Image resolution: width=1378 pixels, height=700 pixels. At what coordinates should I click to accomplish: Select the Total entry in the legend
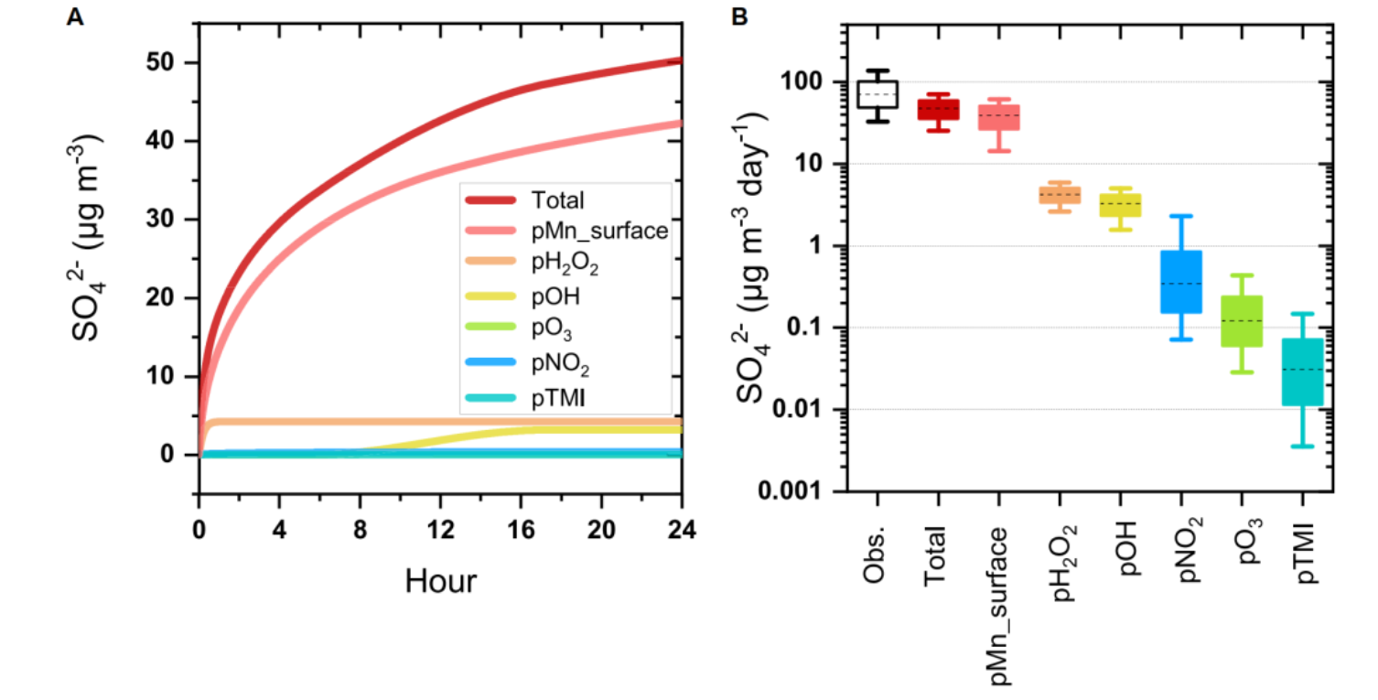point(556,199)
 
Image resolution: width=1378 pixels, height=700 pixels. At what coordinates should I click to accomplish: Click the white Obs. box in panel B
point(877,94)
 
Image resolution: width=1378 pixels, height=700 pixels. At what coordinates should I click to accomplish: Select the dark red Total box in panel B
point(938,110)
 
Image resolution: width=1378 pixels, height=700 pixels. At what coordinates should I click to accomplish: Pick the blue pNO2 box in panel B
point(1180,282)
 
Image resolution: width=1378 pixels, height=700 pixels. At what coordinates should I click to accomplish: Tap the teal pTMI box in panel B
point(1301,372)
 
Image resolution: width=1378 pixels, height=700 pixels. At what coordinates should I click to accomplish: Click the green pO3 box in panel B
point(1241,320)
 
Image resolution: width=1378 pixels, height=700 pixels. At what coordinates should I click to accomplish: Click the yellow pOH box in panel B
point(1120,205)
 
